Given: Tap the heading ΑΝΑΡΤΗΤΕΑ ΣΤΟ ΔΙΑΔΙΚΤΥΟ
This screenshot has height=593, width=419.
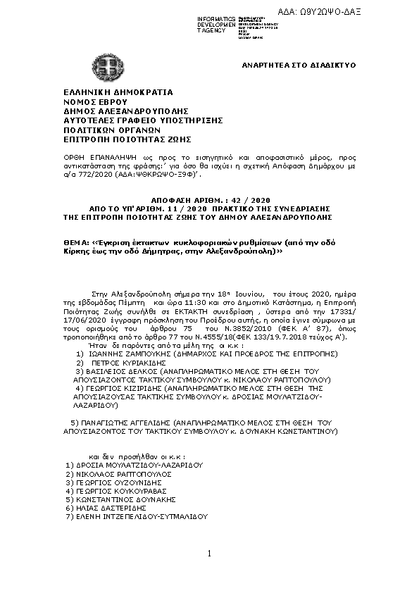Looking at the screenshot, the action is (x=299, y=65).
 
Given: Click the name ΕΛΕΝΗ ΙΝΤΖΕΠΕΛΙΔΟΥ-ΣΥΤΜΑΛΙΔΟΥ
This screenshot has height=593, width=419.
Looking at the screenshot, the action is (x=139, y=516).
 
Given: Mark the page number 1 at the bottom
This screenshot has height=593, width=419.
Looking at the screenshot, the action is (x=209, y=555).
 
